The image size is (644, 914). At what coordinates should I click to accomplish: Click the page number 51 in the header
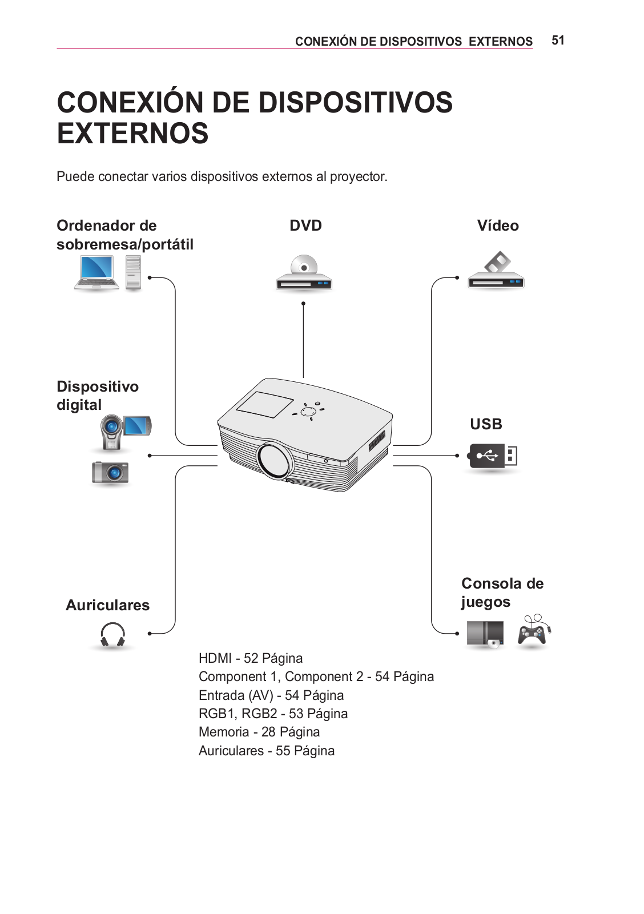pyautogui.click(x=558, y=41)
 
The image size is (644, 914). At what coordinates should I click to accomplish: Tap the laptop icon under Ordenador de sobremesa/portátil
pyautogui.click(x=96, y=273)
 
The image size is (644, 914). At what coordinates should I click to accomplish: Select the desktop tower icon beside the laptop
pyautogui.click(x=133, y=272)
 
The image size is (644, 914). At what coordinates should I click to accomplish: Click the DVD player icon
pyautogui.click(x=304, y=275)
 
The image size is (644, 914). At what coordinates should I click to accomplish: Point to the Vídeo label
pyautogui.click(x=498, y=226)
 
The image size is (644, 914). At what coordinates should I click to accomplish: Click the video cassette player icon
pyautogui.click(x=496, y=271)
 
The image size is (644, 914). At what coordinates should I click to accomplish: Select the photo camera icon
pyautogui.click(x=110, y=473)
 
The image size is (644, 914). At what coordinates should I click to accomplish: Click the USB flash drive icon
pyautogui.click(x=492, y=456)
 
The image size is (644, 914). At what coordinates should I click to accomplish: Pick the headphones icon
pyautogui.click(x=112, y=635)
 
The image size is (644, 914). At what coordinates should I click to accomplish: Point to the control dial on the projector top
pyautogui.click(x=308, y=411)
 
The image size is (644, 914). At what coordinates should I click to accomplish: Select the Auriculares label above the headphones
pyautogui.click(x=107, y=605)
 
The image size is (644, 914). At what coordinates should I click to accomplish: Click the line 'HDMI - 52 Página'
pyautogui.click(x=251, y=658)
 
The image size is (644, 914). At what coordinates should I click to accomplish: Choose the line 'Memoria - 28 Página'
pyautogui.click(x=259, y=732)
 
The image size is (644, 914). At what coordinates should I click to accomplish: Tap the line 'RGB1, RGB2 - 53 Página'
pyautogui.click(x=273, y=714)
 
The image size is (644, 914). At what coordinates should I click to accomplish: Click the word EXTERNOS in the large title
pyautogui.click(x=132, y=134)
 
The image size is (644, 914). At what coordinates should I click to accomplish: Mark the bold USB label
pyautogui.click(x=486, y=424)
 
